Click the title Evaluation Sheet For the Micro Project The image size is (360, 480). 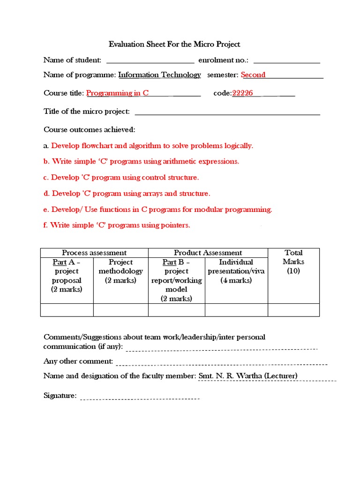pos(174,45)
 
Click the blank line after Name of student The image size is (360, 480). pos(150,61)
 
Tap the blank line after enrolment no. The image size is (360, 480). pos(286,61)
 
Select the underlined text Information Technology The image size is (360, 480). pos(159,75)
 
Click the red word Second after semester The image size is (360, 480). pos(253,75)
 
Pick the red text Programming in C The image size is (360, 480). pos(118,93)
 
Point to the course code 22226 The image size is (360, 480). pos(243,93)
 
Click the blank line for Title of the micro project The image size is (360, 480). pos(227,112)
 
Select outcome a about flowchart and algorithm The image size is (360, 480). pos(152,146)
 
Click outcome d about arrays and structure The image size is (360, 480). pos(131,194)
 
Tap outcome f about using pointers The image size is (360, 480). pos(120,225)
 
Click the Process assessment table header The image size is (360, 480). pos(94,253)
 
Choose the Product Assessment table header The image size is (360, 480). pos(208,253)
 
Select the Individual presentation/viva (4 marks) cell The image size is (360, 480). pos(236,271)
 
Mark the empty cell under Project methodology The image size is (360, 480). pos(120,310)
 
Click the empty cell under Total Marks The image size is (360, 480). pos(293,310)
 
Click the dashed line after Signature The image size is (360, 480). pos(140,398)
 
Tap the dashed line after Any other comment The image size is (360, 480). pos(221,363)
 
